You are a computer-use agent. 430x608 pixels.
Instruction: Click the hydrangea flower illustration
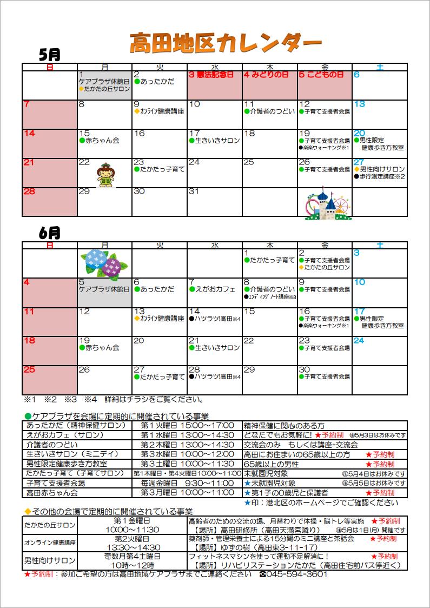tap(104, 262)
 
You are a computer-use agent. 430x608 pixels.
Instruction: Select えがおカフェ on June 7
tap(215, 289)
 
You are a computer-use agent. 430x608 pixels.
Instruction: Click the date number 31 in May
tap(194, 191)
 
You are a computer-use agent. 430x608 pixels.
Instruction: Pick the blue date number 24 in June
tap(359, 341)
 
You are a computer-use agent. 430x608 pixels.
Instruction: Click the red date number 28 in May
tap(30, 191)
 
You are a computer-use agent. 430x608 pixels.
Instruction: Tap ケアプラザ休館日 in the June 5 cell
tap(104, 289)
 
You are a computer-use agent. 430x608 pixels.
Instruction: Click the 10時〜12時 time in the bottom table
tap(132, 565)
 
